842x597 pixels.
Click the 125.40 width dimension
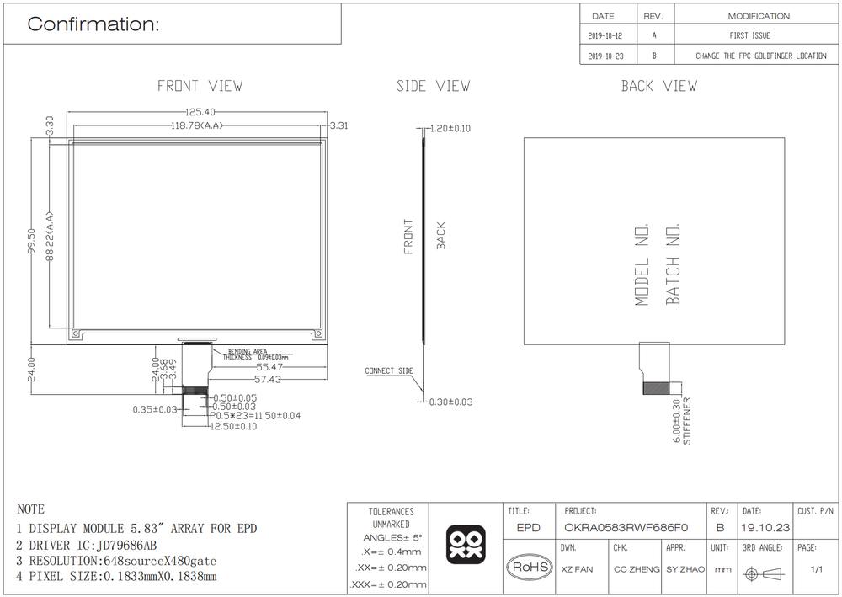click(x=200, y=112)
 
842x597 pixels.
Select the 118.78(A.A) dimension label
click(x=196, y=125)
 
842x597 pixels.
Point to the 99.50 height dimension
click(x=31, y=241)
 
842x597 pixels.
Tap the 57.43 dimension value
click(x=268, y=379)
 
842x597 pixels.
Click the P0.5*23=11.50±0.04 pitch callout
click(x=255, y=415)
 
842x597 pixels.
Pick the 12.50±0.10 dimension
click(x=233, y=426)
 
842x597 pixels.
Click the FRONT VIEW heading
click(x=200, y=86)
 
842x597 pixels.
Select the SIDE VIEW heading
click(x=434, y=86)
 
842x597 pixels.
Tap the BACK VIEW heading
click(x=659, y=86)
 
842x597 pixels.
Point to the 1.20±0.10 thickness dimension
click(x=450, y=128)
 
